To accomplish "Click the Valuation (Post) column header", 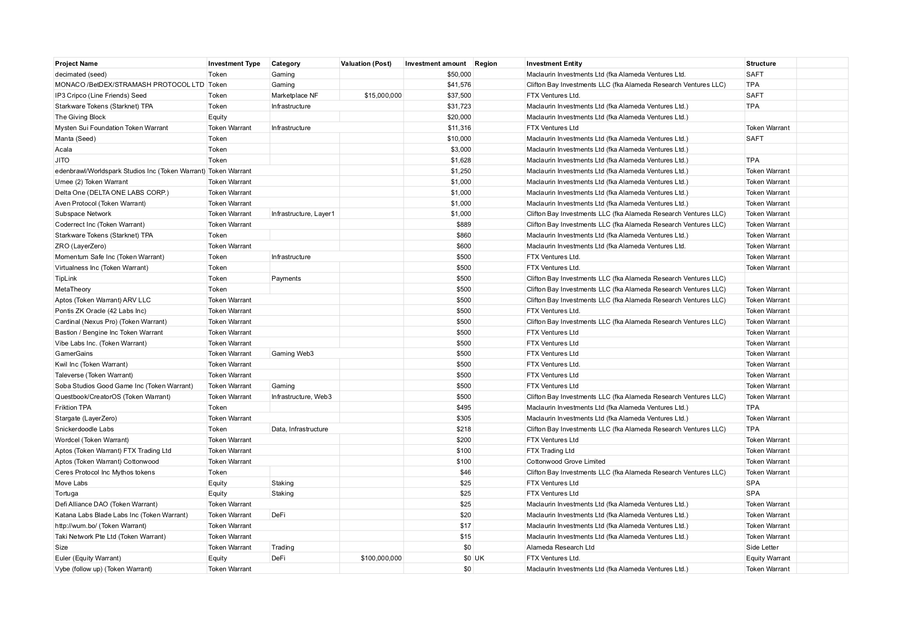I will coord(366,64).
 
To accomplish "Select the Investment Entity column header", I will coord(554,64).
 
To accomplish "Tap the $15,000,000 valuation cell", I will coord(383,96).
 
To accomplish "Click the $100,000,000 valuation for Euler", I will coord(381,558).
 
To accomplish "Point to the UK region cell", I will coord(479,558).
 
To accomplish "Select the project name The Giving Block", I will coord(80,117).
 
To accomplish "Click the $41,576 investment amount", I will coord(459,85).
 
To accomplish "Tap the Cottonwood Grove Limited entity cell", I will coord(566,462).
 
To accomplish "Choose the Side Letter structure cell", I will coord(762,548).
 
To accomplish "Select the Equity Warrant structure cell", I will coord(768,558).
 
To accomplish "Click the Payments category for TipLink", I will coord(286,279).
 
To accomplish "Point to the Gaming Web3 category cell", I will coord(292,354).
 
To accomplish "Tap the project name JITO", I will coord(62,160).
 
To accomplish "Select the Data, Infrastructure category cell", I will coord(299,429).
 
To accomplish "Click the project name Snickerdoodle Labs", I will coord(84,429).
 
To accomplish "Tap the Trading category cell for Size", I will coord(283,548).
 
